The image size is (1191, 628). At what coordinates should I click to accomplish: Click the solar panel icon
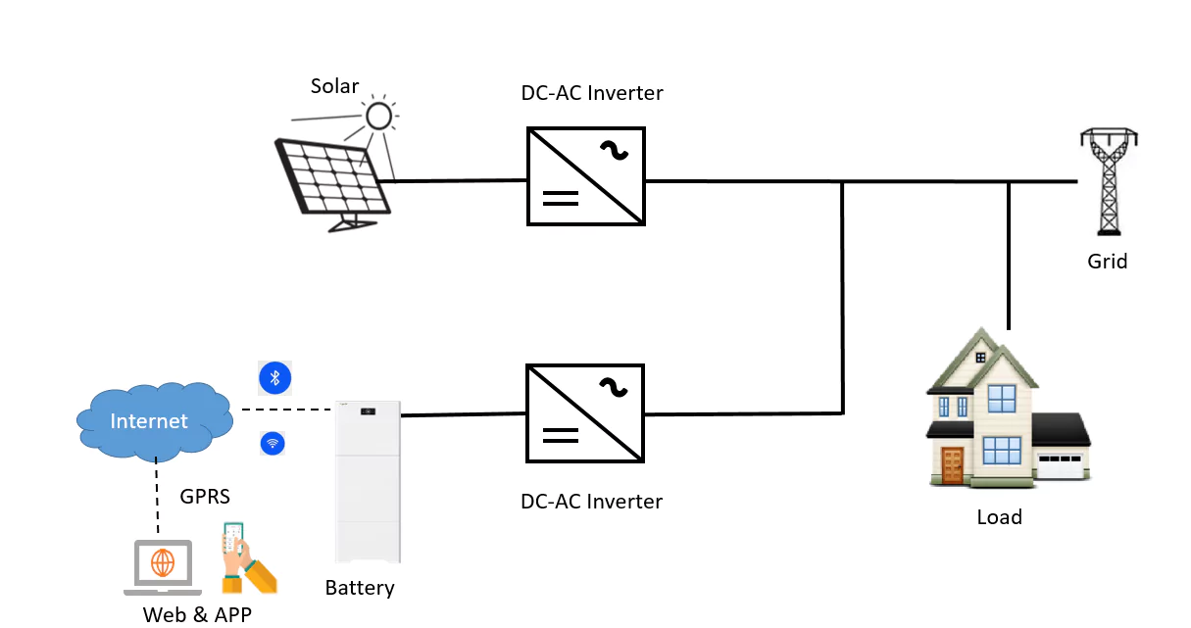tap(331, 181)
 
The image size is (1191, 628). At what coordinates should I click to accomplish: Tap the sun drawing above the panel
tap(378, 117)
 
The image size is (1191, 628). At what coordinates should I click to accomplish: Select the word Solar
tap(335, 86)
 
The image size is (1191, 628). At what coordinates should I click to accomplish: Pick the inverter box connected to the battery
tap(586, 413)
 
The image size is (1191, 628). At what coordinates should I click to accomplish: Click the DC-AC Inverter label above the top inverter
tap(592, 94)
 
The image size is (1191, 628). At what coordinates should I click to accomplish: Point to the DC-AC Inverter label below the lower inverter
tap(592, 502)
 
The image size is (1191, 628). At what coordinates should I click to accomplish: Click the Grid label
tap(1108, 262)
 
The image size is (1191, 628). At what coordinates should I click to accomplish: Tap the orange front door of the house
tap(952, 465)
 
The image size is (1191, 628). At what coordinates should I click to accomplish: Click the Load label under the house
tap(999, 517)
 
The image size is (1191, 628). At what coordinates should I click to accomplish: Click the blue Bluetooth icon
tap(275, 377)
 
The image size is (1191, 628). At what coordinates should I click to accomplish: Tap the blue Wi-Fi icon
tap(273, 444)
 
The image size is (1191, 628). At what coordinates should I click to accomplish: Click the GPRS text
tap(205, 497)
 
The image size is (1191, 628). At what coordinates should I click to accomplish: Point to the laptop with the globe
tap(163, 567)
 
